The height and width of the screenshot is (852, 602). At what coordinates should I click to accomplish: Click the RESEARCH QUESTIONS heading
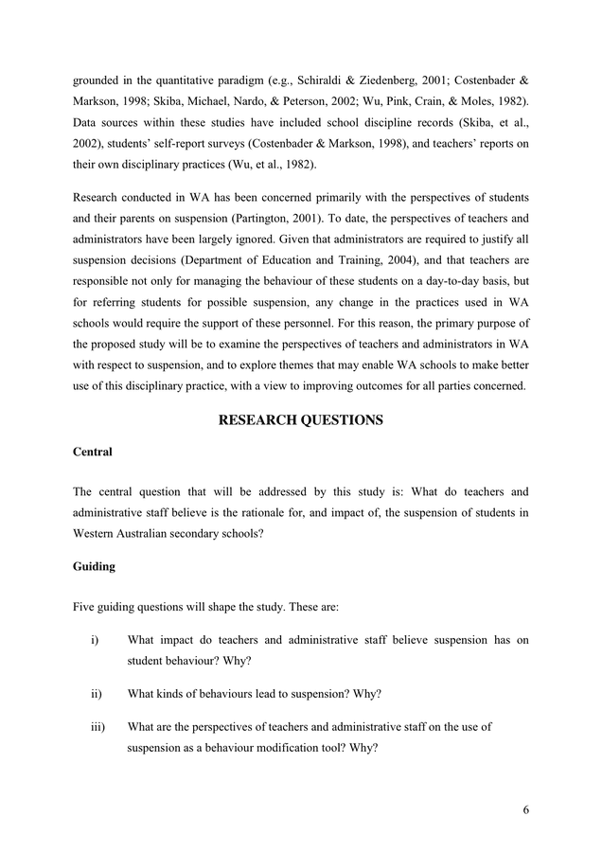[300, 420]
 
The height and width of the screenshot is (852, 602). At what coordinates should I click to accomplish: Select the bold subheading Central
[92, 453]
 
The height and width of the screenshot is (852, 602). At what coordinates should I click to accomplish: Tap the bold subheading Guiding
[94, 567]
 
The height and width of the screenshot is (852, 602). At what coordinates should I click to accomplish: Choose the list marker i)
[96, 641]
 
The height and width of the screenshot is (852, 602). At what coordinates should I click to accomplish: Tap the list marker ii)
[97, 694]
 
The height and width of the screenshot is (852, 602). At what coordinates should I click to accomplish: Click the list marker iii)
[97, 727]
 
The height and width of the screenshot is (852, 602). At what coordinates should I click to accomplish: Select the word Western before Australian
[97, 533]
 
